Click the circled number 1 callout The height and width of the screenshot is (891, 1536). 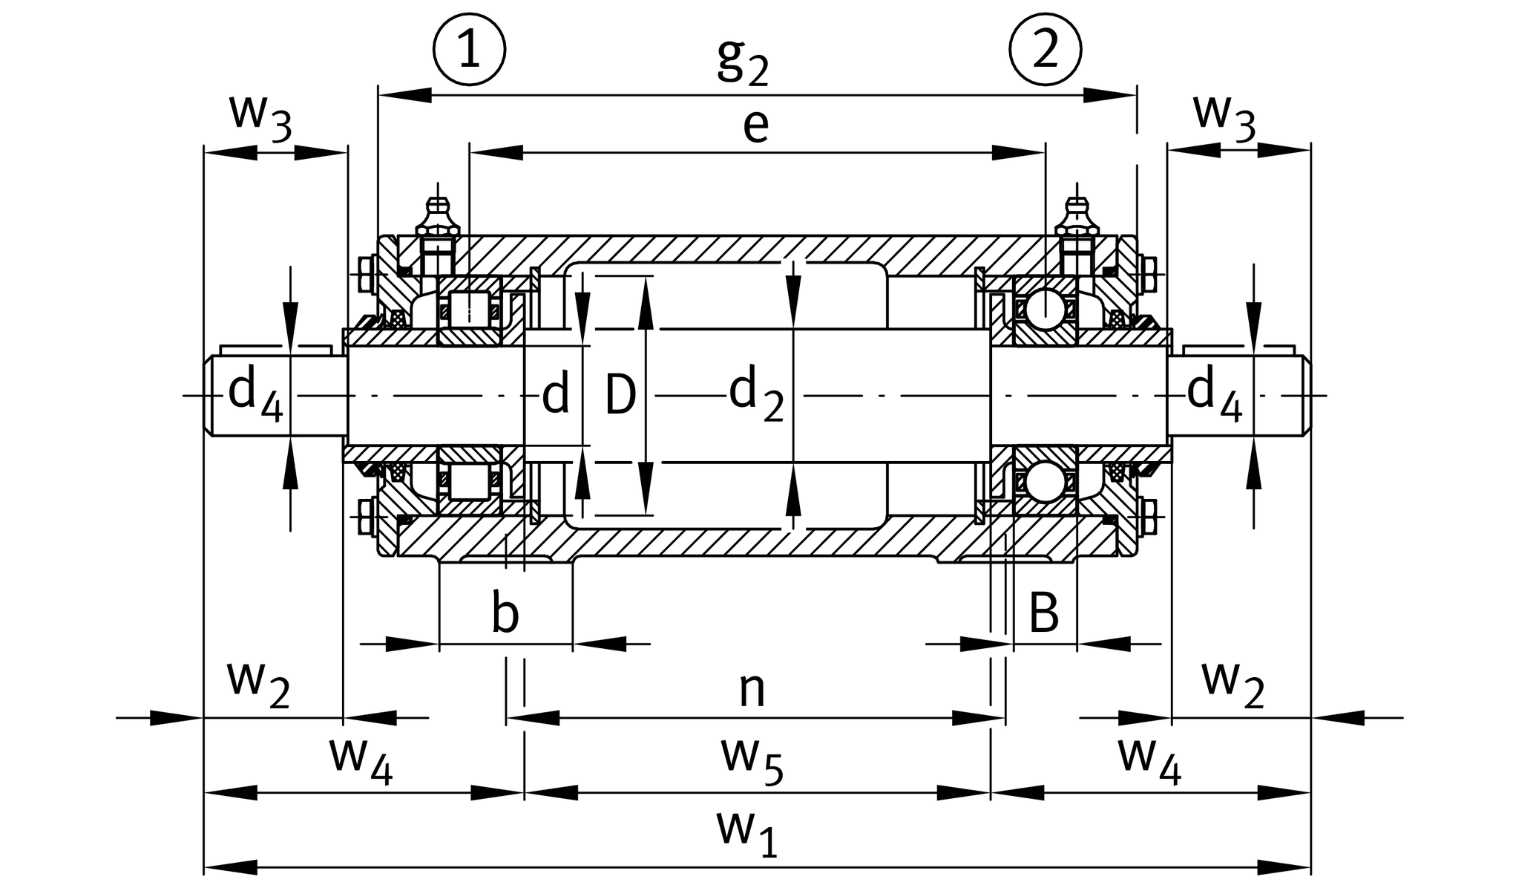click(469, 50)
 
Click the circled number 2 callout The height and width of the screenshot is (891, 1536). click(1045, 50)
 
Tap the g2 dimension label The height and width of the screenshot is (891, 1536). click(742, 62)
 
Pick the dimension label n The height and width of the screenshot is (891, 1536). click(752, 689)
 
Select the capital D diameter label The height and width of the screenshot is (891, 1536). click(620, 395)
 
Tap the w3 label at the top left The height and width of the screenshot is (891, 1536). click(260, 117)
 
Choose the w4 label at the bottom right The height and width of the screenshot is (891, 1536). click(1149, 760)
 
